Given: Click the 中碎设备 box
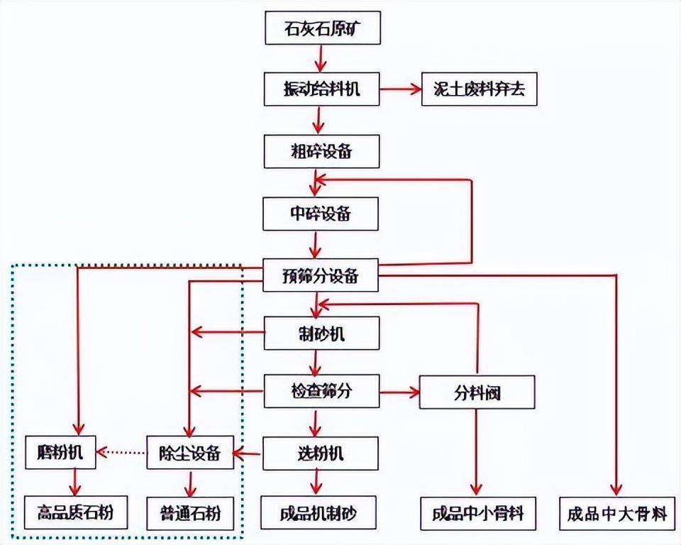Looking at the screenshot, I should click(x=321, y=213).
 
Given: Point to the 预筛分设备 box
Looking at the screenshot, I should click(x=321, y=275).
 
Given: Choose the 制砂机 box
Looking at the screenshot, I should click(x=321, y=332).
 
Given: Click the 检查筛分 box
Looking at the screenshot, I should click(x=321, y=391).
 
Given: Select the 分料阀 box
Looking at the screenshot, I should click(x=475, y=391).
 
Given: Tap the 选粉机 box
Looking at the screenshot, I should click(x=321, y=453).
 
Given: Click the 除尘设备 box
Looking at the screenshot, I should click(x=190, y=453).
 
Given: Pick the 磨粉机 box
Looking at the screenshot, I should click(x=60, y=453).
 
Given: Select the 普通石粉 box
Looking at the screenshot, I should click(x=190, y=512).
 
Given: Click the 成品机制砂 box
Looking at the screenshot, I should click(x=317, y=512).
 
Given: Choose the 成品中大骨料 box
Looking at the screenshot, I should click(x=616, y=512).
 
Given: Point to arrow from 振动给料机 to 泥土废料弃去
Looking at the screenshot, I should click(x=401, y=89).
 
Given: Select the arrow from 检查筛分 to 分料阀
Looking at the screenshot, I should click(x=399, y=391).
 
